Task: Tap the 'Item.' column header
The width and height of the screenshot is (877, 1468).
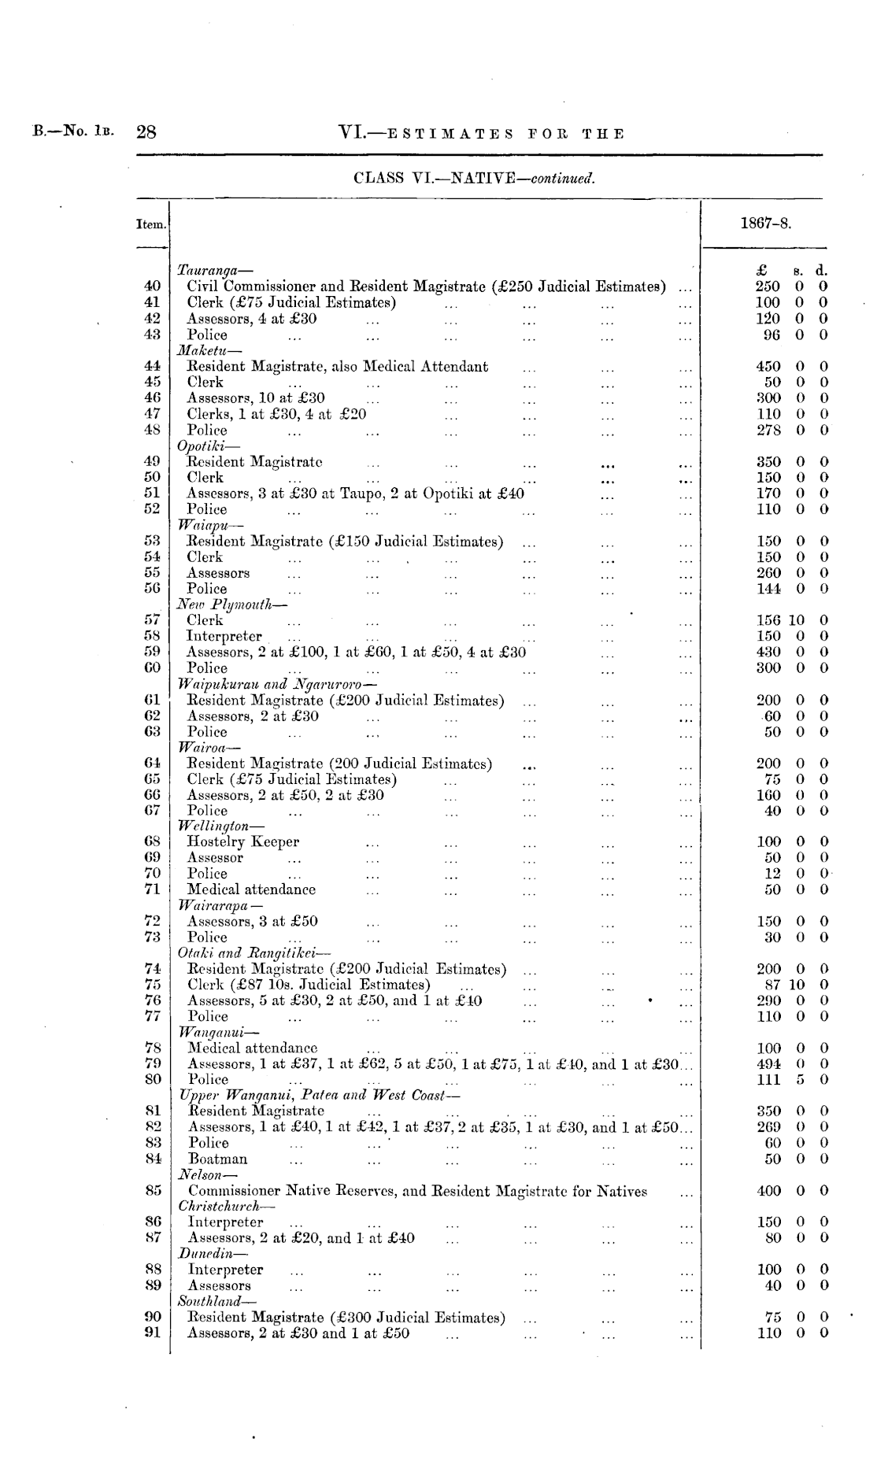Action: click(152, 224)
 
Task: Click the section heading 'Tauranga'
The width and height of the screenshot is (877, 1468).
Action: click(208, 271)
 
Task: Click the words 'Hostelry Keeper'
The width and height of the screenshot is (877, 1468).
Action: click(242, 841)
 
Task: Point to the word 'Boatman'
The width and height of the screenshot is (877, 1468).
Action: click(217, 1159)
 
